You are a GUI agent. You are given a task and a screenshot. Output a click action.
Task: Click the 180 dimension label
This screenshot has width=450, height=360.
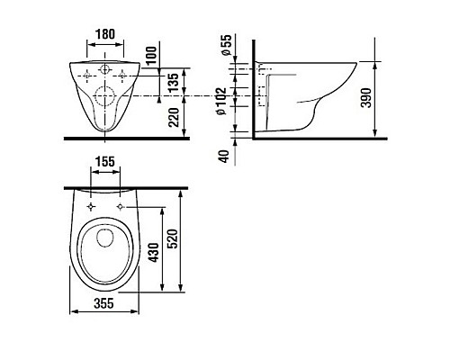[105, 34]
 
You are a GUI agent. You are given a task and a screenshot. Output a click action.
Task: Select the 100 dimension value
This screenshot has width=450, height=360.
[152, 55]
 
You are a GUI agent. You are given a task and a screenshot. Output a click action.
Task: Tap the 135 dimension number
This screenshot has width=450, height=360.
[173, 82]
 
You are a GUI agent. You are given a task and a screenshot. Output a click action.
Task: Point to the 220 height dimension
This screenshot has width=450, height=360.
[174, 117]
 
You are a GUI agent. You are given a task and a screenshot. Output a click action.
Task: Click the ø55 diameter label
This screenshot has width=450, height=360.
[227, 45]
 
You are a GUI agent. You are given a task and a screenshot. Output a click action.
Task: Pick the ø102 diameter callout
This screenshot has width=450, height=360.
[221, 101]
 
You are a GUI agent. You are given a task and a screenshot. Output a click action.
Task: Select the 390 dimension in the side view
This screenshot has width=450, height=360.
[366, 98]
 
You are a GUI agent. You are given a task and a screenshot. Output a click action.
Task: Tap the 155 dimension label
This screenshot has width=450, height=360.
[105, 162]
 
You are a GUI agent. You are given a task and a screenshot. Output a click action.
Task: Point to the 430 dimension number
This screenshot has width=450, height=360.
[154, 253]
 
